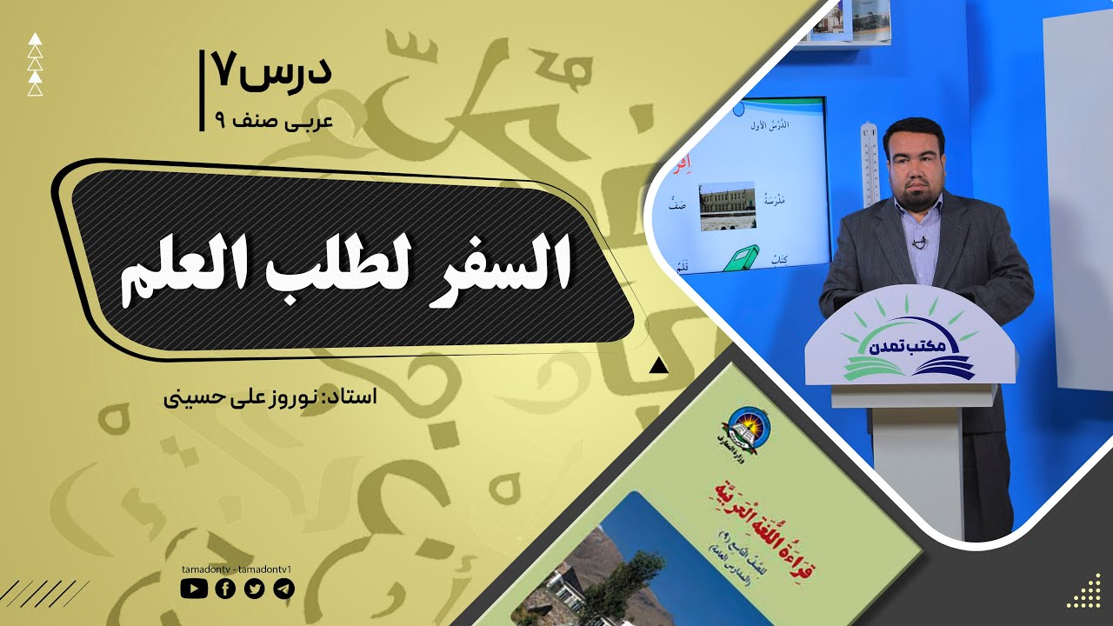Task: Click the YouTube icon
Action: [x=194, y=589]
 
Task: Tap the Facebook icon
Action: [x=224, y=589]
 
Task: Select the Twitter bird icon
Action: [x=255, y=589]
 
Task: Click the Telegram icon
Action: [x=284, y=589]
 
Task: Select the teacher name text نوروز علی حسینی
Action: [x=243, y=397]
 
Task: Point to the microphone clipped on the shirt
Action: [x=921, y=242]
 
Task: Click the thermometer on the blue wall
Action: [x=870, y=165]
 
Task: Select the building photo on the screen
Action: [x=727, y=206]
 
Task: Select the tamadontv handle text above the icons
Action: [x=236, y=569]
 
